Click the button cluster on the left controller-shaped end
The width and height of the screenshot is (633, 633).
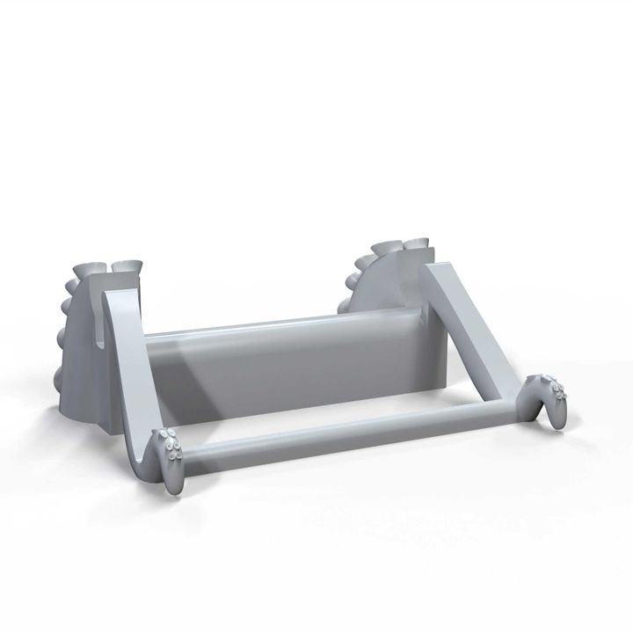point(170,448)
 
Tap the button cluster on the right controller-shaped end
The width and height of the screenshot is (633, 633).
point(551,388)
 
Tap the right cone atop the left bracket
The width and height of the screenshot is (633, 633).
point(127,266)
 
